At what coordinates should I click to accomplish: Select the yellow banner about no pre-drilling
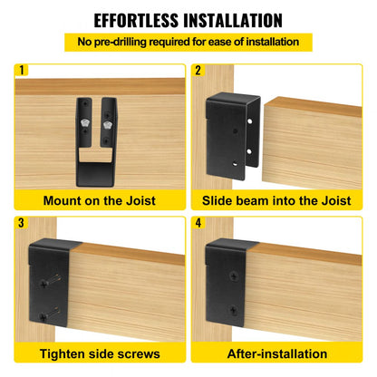point(188,42)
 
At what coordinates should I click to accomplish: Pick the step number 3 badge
point(22,220)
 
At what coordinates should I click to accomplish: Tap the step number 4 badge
point(198,220)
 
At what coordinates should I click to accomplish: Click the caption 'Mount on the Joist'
point(99,200)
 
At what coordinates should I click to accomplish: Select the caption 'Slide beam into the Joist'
point(277,200)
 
